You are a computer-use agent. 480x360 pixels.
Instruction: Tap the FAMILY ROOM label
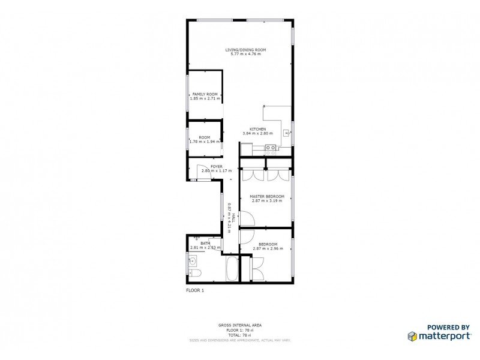(205, 94)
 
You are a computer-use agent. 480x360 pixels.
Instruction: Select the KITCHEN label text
(258, 129)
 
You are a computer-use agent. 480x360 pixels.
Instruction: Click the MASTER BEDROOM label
(267, 196)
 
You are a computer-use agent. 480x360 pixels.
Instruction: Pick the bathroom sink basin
(193, 261)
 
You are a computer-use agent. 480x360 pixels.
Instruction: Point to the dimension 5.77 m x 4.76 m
(245, 55)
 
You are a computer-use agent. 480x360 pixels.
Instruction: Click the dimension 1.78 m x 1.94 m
(205, 142)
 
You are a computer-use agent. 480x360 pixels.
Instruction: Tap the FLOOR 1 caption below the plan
(195, 290)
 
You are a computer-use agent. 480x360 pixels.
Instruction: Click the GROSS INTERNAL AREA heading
(239, 325)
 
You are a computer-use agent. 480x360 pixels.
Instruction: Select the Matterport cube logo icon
(413, 336)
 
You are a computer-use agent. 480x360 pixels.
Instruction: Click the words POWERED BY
(448, 326)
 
